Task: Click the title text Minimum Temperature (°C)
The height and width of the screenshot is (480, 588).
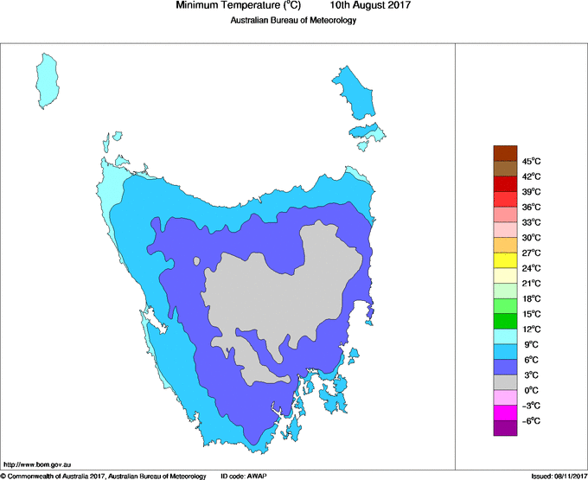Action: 238,6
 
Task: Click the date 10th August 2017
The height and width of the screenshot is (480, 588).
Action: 370,6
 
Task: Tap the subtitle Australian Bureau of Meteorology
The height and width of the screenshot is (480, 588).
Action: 293,21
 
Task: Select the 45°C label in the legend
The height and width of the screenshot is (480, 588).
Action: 531,161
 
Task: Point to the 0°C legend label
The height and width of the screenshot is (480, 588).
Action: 530,390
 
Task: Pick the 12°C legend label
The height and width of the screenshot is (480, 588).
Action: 531,329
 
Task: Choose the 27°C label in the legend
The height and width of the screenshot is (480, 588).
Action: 531,253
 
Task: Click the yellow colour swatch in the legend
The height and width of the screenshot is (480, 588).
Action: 505,259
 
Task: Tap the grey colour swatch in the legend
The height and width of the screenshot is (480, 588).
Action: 505,381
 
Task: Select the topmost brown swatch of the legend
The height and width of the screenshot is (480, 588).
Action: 505,153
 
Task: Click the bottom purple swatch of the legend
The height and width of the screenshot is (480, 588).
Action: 505,427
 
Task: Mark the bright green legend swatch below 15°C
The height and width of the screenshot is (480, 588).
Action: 505,321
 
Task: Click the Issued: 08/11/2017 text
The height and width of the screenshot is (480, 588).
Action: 558,475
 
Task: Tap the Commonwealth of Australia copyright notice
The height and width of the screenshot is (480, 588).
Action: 103,475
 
